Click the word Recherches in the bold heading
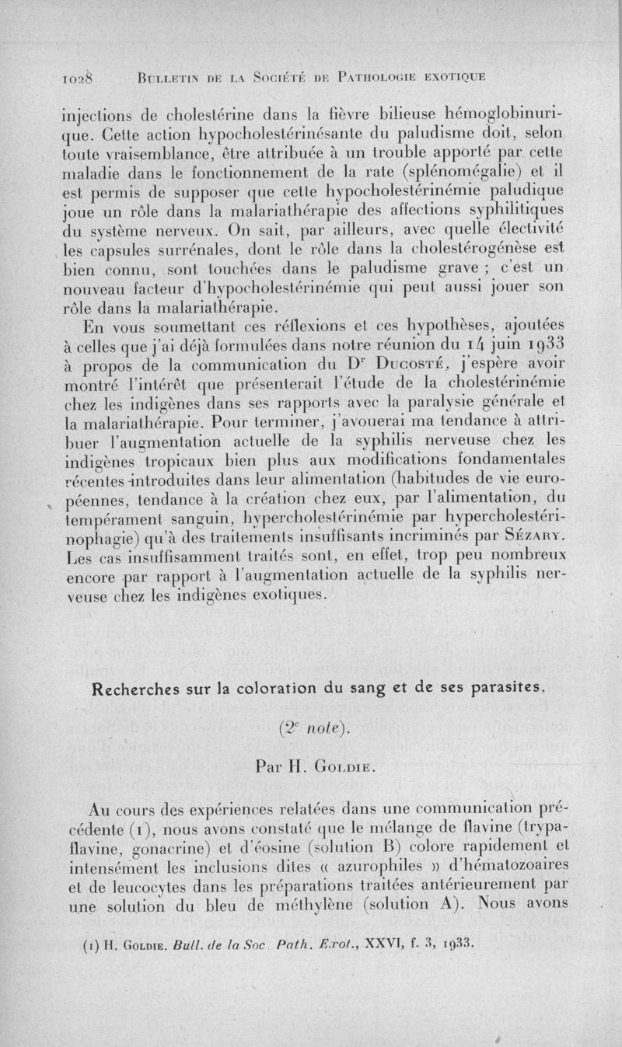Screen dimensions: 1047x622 point(134,688)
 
